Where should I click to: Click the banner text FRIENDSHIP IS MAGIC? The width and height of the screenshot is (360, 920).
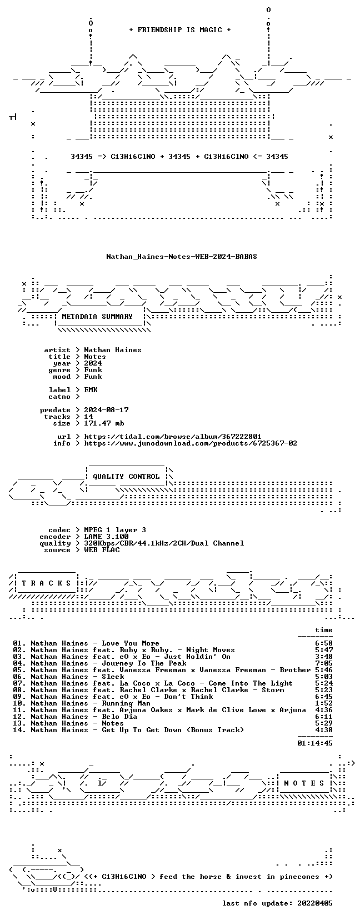(x=180, y=30)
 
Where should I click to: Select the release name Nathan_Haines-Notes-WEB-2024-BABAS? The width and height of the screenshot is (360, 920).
(x=182, y=257)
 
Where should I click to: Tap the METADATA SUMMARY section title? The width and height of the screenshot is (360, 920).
(x=97, y=317)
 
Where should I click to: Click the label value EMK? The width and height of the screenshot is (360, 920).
(x=91, y=390)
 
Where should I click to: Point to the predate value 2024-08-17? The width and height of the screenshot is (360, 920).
(x=106, y=410)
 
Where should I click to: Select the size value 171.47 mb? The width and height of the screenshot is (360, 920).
(x=104, y=423)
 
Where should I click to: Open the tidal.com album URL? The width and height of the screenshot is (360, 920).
(x=173, y=437)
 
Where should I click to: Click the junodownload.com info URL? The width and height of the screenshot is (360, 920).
(x=191, y=443)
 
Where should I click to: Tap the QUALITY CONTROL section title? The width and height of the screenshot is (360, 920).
(x=126, y=477)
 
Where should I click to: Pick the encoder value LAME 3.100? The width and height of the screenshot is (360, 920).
(x=106, y=537)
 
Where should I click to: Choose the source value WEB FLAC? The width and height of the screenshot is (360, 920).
(x=102, y=549)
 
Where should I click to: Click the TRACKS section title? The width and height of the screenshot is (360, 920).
(x=46, y=583)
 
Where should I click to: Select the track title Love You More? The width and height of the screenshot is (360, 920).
(x=131, y=643)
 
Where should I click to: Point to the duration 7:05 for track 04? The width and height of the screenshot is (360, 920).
(x=324, y=663)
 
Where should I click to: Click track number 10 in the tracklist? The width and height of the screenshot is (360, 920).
(x=19, y=703)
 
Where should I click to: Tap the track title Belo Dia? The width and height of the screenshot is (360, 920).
(x=119, y=716)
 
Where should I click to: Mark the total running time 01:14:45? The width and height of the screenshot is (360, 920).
(x=315, y=743)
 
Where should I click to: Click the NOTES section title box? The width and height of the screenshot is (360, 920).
(x=304, y=783)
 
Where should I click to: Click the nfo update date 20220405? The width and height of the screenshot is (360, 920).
(x=315, y=903)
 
